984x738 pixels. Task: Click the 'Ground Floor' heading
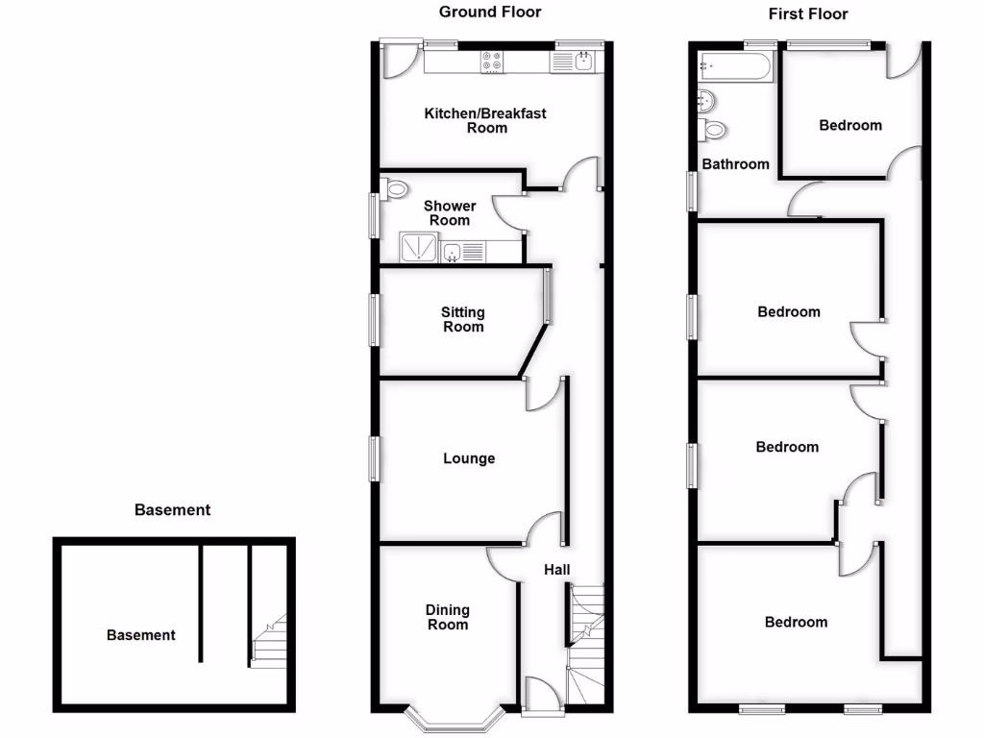point(490,12)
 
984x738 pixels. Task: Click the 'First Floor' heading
point(808,13)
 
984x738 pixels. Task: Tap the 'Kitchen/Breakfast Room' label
point(485,120)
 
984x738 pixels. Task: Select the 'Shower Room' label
point(450,213)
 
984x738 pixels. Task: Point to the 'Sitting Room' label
point(463,319)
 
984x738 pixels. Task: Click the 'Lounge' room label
point(469,458)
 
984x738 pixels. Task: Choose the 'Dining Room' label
point(448,617)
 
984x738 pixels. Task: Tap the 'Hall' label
point(557,570)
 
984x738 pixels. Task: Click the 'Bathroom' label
point(735,164)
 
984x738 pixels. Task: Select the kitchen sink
point(584,61)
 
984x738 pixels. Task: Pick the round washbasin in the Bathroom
point(706,100)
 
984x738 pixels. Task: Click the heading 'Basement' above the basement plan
point(172,510)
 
